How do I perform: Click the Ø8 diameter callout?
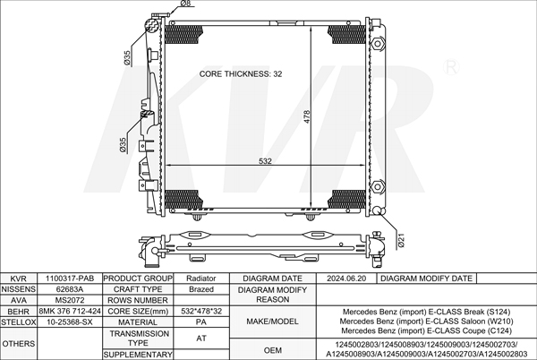tap(185, 4)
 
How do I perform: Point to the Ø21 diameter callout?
tap(401, 240)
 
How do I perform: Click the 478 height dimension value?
tap(306, 116)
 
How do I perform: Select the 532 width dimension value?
tap(265, 161)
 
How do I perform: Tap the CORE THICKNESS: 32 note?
tap(241, 74)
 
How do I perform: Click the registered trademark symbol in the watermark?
tap(451, 67)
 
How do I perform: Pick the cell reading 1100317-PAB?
tap(70, 279)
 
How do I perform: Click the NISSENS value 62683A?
tap(70, 289)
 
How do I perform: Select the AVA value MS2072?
tap(70, 300)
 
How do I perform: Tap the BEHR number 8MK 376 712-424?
tap(70, 311)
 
